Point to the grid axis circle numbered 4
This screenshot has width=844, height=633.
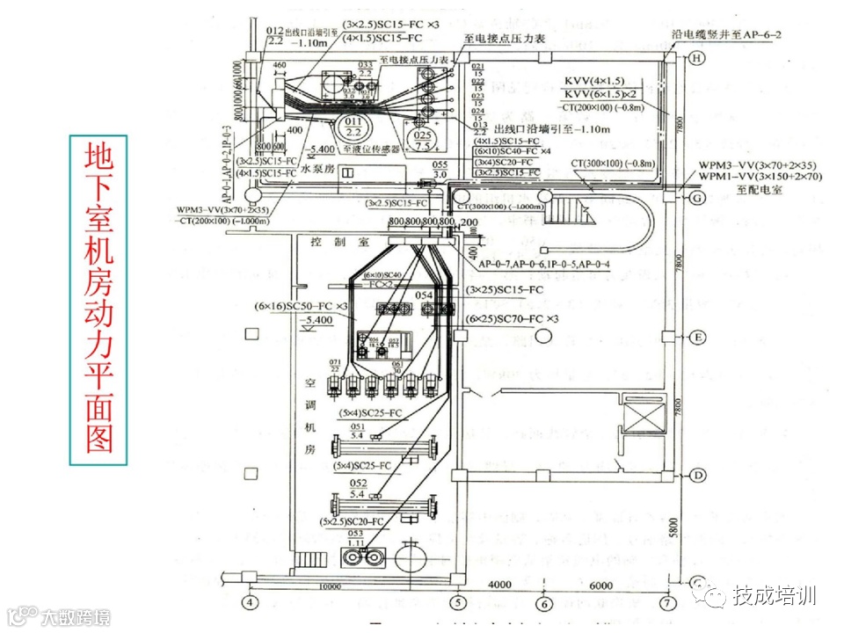tap(250, 603)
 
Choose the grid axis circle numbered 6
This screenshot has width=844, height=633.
tap(544, 604)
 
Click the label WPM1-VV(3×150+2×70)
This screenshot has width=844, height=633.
tap(760, 176)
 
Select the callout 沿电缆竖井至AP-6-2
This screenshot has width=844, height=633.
tap(727, 34)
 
